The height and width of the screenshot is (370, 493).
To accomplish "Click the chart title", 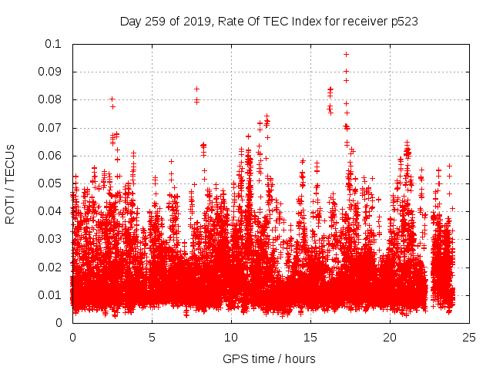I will coord(269,21).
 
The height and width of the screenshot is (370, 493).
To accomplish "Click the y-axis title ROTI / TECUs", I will coord(11,183).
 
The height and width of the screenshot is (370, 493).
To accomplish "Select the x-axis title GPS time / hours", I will coord(269,358).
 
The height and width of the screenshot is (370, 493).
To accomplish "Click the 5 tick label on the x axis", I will coord(152,337).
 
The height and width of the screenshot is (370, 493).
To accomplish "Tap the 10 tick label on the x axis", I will coord(231,337).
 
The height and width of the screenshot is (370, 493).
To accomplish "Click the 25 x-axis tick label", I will coord(469,337).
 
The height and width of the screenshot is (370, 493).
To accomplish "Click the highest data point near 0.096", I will coord(346,54).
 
